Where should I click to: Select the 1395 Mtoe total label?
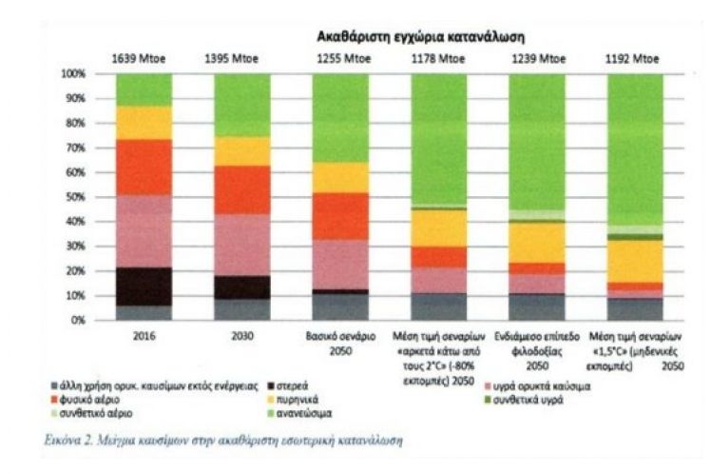tap(241, 58)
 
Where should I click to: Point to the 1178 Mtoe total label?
tap(438, 58)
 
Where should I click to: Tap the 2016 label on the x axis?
tap(144, 336)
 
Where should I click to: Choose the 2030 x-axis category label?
tap(241, 336)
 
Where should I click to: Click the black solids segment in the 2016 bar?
tap(144, 286)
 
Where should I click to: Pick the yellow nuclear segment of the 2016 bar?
tap(144, 123)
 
